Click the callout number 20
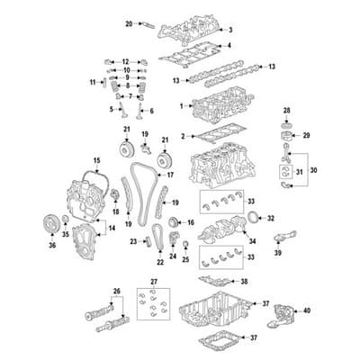(x=128, y=22)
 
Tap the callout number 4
(x=229, y=45)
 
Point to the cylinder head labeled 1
(x=216, y=112)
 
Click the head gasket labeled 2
(x=211, y=137)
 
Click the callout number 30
(x=312, y=168)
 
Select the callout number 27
(x=154, y=283)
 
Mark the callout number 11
(x=93, y=83)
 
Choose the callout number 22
(x=160, y=262)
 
